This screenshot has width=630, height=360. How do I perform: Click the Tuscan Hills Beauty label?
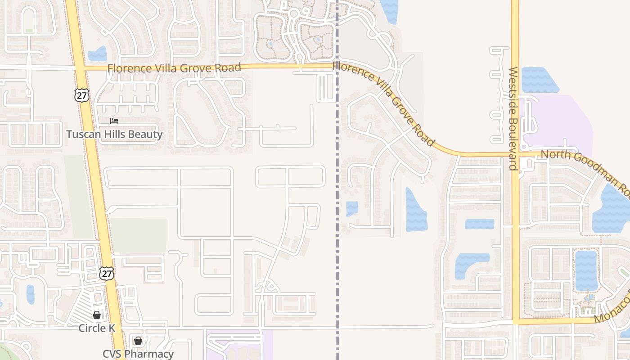114,134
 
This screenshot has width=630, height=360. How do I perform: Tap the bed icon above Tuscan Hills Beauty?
114,121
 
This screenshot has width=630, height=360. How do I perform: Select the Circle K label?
97,328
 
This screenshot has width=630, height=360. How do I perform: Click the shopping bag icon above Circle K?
97,315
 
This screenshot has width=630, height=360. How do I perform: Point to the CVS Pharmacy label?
138,354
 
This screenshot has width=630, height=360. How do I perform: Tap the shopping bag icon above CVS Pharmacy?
138,341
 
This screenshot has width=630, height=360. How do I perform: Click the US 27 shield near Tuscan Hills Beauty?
82,95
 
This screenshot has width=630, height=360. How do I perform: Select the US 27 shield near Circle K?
107,273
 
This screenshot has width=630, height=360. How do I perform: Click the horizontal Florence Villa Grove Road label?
174,68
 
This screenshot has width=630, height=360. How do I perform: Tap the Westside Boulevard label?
513,118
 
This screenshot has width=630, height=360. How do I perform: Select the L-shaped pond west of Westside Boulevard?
468,263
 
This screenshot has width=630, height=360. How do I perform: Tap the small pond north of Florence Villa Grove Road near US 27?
98,54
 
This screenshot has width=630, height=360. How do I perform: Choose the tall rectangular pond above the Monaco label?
586,270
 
